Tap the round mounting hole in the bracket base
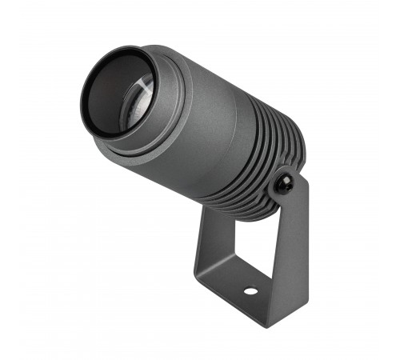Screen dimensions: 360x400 250,290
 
